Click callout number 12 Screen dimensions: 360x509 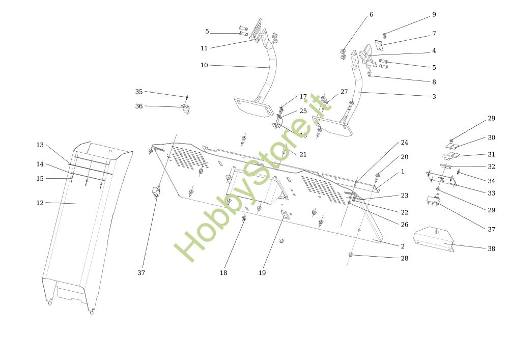click(40, 203)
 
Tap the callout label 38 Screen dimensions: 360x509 click(491, 248)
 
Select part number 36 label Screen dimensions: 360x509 click(138, 106)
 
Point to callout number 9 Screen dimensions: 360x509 click(434, 15)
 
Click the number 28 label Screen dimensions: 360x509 click(404, 258)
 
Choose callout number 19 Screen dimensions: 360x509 click(262, 273)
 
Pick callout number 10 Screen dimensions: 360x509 click(204, 65)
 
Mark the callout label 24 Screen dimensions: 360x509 click(404, 143)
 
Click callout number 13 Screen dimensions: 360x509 click(40, 145)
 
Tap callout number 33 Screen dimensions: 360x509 click(491, 193)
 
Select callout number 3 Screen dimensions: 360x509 click(434, 96)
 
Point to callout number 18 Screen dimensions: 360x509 click(223, 273)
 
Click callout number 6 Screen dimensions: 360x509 click(371, 15)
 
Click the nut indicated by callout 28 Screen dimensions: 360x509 click(351, 254)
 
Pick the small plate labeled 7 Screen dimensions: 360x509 click(380, 45)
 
